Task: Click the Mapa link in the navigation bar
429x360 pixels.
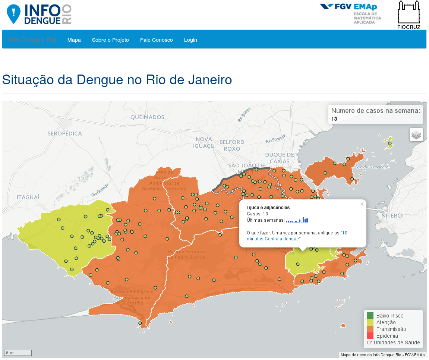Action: click(74, 40)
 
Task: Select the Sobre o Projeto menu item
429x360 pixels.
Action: click(110, 40)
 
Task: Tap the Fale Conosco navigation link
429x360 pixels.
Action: click(156, 40)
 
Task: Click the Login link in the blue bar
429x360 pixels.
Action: click(190, 40)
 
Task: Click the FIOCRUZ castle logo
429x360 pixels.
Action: click(409, 15)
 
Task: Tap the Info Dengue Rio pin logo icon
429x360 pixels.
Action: click(14, 14)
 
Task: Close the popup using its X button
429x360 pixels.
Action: click(362, 204)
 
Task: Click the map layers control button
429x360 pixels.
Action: click(416, 135)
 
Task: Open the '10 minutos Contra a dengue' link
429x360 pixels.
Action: click(297, 236)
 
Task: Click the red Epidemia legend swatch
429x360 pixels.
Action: click(370, 336)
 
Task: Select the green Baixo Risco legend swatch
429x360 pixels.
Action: click(370, 316)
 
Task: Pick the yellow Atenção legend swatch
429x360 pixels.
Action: click(370, 322)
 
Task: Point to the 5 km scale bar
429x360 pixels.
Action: click(18, 353)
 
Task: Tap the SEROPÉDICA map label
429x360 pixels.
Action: click(64, 133)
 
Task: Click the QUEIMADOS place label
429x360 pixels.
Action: click(147, 117)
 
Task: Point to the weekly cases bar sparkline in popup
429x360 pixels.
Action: click(297, 220)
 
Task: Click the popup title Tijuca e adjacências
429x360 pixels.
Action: click(268, 207)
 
